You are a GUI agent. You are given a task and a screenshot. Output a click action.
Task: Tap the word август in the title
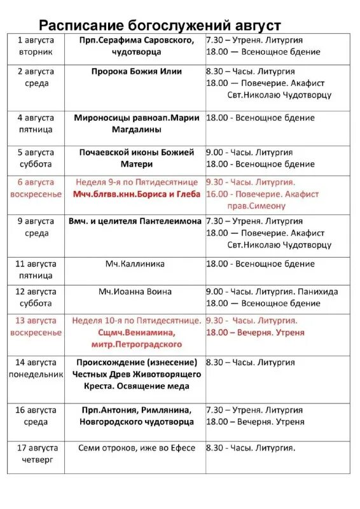[x=256, y=25]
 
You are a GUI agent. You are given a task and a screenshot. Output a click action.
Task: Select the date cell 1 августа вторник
[x=36, y=46]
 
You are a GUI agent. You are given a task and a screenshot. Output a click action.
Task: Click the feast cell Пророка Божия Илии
[x=136, y=71]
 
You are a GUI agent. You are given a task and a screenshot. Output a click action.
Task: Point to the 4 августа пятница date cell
[x=36, y=123]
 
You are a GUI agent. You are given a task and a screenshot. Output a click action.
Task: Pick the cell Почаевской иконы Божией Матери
[x=136, y=158]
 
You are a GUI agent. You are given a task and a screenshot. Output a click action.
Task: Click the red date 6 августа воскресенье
[x=36, y=188]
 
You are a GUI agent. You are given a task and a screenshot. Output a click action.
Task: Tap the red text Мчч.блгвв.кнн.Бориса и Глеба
[x=136, y=194]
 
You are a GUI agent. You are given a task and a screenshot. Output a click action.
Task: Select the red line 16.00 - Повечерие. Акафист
[x=262, y=194]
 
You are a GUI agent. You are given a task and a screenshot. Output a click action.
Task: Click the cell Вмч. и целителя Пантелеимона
[x=136, y=221]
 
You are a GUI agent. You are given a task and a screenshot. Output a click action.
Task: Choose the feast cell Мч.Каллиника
[x=136, y=263]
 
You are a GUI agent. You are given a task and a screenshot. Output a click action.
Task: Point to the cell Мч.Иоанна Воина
[x=136, y=291]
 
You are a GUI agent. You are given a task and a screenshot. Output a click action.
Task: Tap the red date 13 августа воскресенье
[x=36, y=326]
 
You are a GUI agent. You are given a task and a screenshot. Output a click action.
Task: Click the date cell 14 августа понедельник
[x=36, y=368]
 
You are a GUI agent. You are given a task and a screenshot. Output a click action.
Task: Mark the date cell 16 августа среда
[x=36, y=416]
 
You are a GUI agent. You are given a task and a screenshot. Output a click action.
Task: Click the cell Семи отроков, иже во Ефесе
[x=136, y=448]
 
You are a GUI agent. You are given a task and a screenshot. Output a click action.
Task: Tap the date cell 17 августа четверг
[x=36, y=454]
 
